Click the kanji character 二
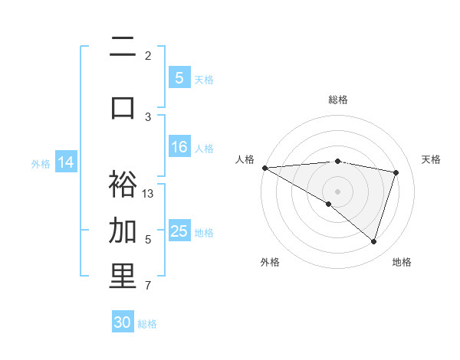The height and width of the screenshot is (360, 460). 123,47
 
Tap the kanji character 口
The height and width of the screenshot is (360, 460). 123,107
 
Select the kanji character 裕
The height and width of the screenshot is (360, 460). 123,185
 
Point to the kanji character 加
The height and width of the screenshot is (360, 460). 123,231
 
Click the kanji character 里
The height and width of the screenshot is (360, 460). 123,277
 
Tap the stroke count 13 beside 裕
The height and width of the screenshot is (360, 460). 149,193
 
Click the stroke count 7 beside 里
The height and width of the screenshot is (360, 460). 148,286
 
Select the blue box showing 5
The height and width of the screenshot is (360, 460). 179,77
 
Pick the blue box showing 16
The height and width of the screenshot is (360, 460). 179,148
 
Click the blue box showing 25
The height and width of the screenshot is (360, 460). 179,231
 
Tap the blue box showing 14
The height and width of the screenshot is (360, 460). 66,162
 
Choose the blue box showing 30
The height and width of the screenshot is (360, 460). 123,322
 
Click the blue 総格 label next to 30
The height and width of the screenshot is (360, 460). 147,324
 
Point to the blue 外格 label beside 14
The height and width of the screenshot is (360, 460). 41,163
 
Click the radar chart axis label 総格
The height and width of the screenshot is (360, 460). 338,100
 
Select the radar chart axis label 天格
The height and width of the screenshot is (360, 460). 432,159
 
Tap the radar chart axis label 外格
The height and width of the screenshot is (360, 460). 270,262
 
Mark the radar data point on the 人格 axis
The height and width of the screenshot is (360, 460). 264,167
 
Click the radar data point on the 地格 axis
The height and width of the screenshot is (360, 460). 373,241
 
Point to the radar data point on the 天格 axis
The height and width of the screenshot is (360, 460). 396,172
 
